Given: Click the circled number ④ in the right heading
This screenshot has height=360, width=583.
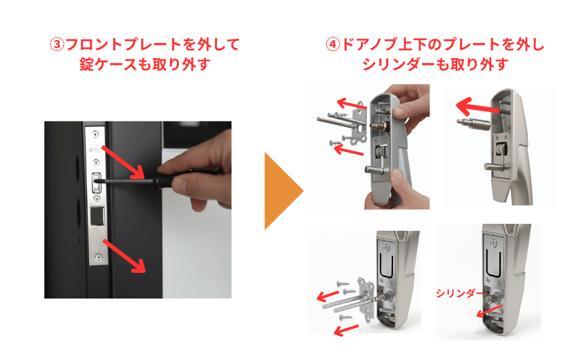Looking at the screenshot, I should pyautogui.click(x=333, y=45).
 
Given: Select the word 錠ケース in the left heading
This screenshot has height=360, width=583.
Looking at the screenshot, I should pyautogui.click(x=106, y=65).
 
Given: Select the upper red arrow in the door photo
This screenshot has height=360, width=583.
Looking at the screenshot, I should pyautogui.click(x=125, y=163).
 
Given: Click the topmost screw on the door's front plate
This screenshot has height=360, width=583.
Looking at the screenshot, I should pyautogui.click(x=96, y=133).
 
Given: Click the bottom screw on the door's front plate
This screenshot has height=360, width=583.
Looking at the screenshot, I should pyautogui.click(x=97, y=261).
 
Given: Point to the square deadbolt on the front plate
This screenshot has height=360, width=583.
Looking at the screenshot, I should pyautogui.click(x=97, y=216).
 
